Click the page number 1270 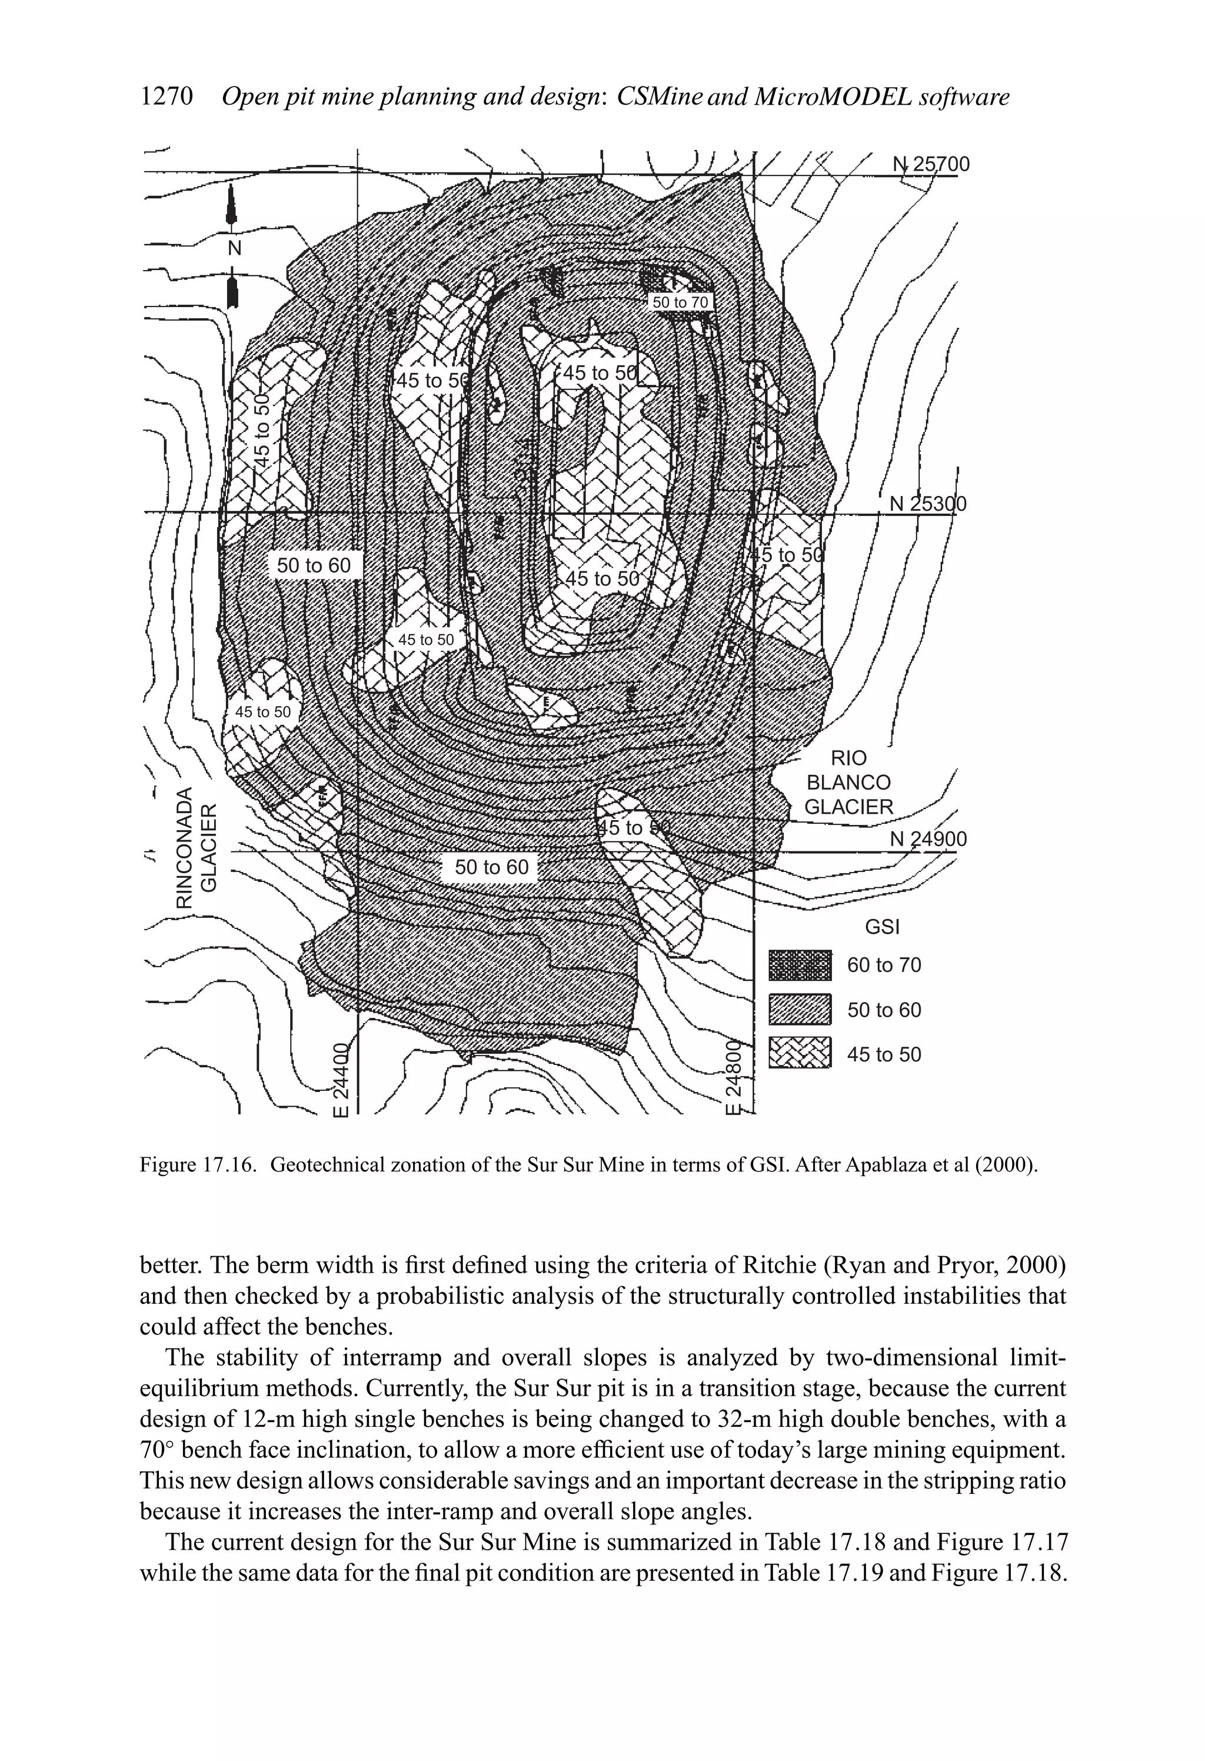[x=168, y=97]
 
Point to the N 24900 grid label [x=928, y=840]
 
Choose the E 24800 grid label [x=733, y=1079]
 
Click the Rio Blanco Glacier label [x=849, y=783]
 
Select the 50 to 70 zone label [x=680, y=302]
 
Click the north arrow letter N [x=234, y=248]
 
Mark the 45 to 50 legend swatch [x=800, y=1054]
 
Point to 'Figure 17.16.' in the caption [x=199, y=1164]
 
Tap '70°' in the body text [x=157, y=1450]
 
